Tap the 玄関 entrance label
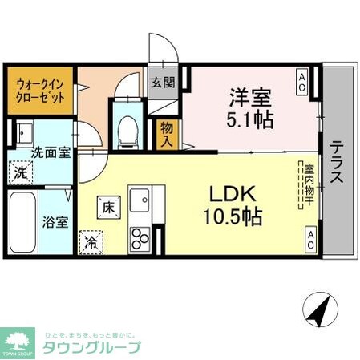(x=160, y=82)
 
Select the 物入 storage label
(x=167, y=131)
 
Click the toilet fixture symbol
(x=127, y=128)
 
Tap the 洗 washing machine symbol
(x=18, y=171)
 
